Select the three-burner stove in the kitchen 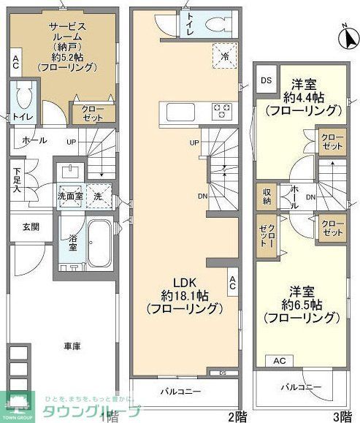click(x=221, y=112)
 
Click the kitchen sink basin click(x=177, y=112)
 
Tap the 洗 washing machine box click(x=97, y=196)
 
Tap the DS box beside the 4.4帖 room click(x=267, y=80)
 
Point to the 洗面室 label click(x=72, y=197)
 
